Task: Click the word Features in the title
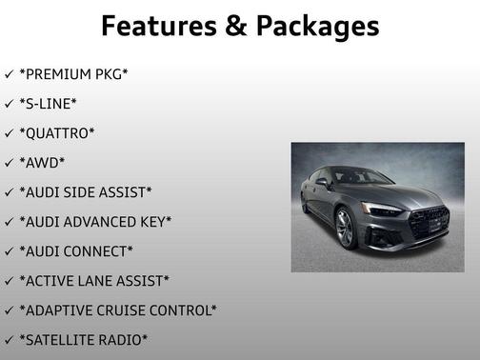tap(159, 26)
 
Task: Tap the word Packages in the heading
tap(314, 26)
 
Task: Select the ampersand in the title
tap(235, 26)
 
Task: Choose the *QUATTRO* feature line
tap(56, 132)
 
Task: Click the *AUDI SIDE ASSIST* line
tap(85, 191)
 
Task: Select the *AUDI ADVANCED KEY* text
tap(95, 221)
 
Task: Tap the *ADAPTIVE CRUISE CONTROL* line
tap(118, 310)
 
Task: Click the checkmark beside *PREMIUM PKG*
tap(9, 73)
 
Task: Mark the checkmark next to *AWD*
tap(9, 162)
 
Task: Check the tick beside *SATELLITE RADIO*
tap(9, 339)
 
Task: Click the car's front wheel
tap(345, 229)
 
